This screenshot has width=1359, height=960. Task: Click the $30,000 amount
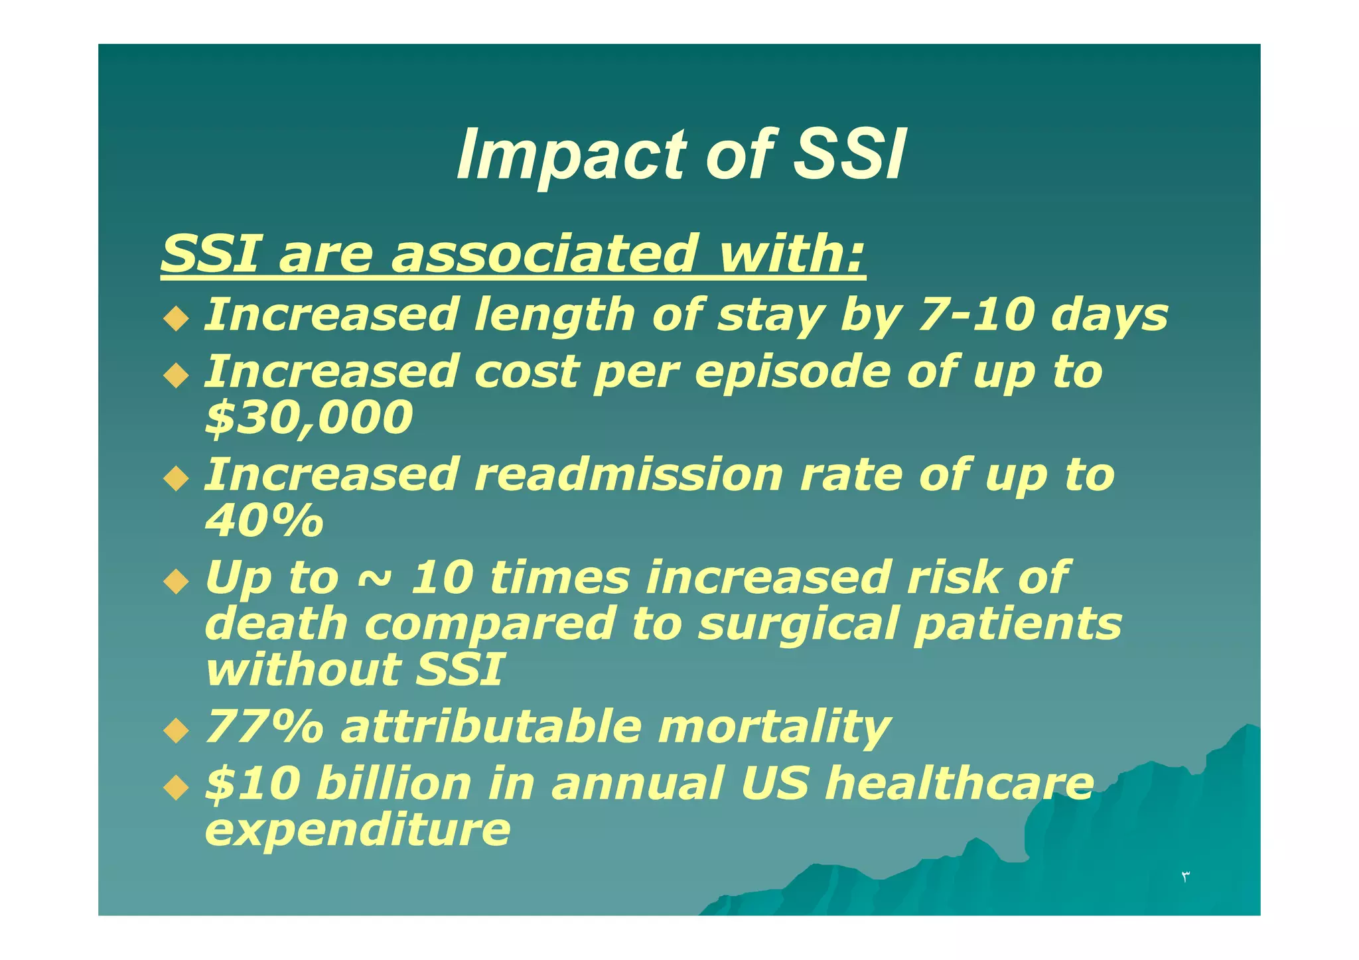pos(309,418)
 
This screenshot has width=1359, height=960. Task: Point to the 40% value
pos(264,521)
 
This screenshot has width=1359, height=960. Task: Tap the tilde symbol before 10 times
pos(374,579)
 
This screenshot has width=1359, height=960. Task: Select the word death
pos(277,624)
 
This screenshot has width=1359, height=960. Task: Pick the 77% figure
pos(264,726)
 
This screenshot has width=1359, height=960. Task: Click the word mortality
pos(774,728)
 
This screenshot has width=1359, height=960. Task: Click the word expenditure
pos(358,830)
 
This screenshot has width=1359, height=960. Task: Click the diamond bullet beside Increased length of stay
pos(176,319)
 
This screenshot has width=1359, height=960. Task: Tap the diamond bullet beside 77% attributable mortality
pos(176,732)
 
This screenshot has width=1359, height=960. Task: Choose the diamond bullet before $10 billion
pos(176,788)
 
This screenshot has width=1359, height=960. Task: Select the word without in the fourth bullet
pos(302,669)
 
